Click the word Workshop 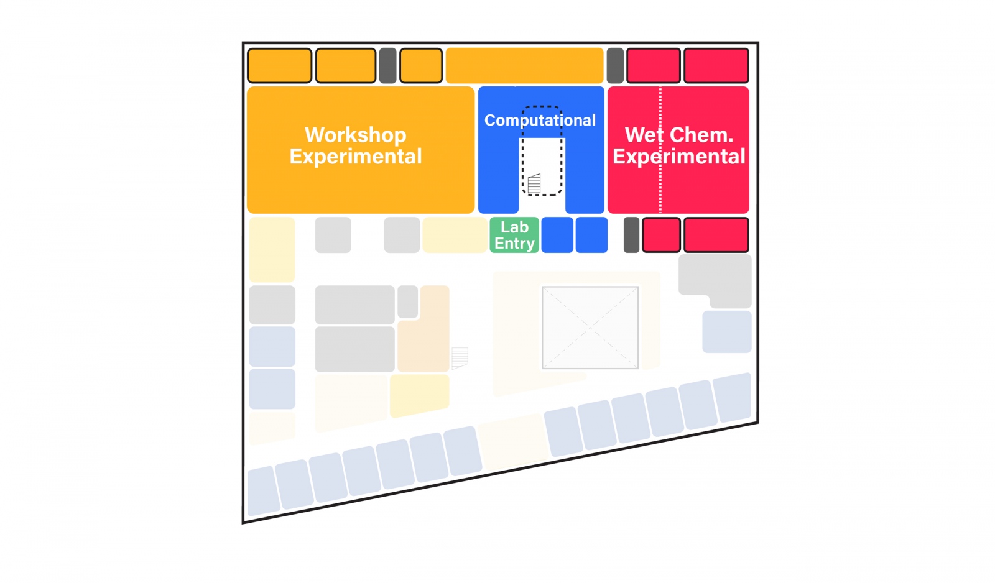coord(355,135)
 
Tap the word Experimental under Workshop coord(355,157)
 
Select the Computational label coord(540,120)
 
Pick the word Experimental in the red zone coord(678,157)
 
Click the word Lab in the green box coord(514,227)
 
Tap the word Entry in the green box coord(514,244)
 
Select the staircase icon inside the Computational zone coord(534,183)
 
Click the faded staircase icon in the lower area coord(460,357)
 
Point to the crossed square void coord(590,328)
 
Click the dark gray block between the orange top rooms coord(388,66)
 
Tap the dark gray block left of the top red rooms coord(615,66)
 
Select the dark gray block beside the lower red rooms coord(631,235)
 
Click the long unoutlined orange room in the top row coord(524,66)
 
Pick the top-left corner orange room coord(280,66)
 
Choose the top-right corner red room coord(716,66)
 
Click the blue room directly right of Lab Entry coord(557,235)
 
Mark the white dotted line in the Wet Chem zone coord(660,186)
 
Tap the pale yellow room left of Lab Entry coord(455,235)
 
